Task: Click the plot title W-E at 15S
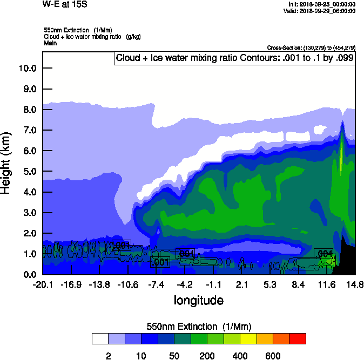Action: click(65, 4)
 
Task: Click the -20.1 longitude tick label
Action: click(42, 285)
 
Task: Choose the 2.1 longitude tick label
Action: click(241, 285)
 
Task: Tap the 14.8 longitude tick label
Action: click(355, 285)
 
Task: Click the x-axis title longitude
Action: click(198, 300)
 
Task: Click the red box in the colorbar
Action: click(297, 338)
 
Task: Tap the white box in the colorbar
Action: click(100, 338)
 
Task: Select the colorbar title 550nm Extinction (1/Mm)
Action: click(199, 327)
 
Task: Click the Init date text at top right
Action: click(322, 4)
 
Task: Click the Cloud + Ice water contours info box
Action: click(234, 58)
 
